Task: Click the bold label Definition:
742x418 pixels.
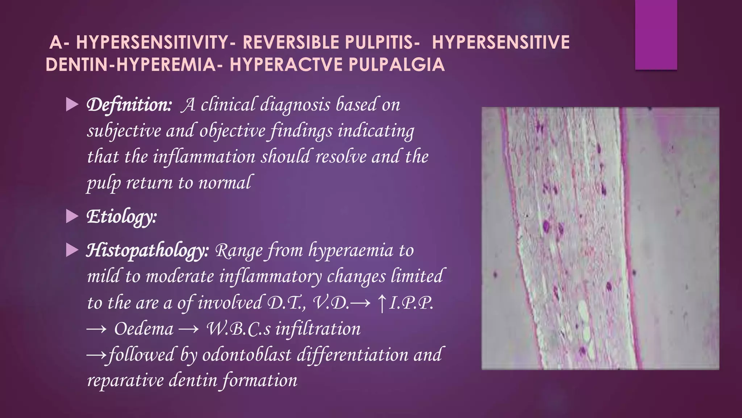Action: click(129, 105)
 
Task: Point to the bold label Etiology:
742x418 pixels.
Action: click(121, 217)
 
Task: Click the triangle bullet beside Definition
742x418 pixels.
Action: click(72, 105)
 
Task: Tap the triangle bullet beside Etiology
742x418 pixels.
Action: click(72, 217)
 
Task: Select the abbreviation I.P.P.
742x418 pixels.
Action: click(411, 303)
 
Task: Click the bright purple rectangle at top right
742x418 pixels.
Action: click(656, 34)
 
